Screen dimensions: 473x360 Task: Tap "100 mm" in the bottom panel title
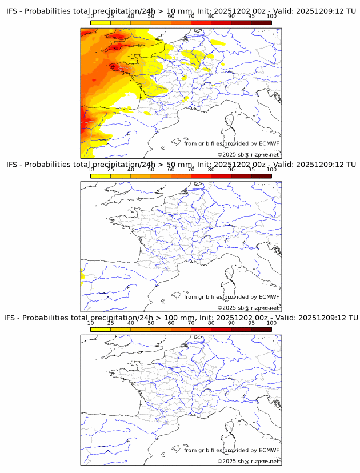(187, 318)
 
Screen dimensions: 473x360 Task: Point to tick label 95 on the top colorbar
(251, 17)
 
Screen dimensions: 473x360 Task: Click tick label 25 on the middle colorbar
(111, 170)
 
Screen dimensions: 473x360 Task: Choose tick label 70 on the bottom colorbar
(191, 323)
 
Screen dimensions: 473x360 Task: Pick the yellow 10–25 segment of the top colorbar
(101, 22)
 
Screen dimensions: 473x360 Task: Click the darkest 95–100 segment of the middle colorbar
(262, 175)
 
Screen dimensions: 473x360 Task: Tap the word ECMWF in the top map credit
(269, 143)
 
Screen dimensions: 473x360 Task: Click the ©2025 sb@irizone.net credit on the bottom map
(248, 461)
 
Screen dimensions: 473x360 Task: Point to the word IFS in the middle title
(13, 165)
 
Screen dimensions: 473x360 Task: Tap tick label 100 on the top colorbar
(271, 17)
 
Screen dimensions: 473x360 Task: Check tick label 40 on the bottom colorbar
(131, 323)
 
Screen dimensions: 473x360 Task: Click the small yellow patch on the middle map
(82, 278)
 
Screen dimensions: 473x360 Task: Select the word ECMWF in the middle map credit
(269, 297)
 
